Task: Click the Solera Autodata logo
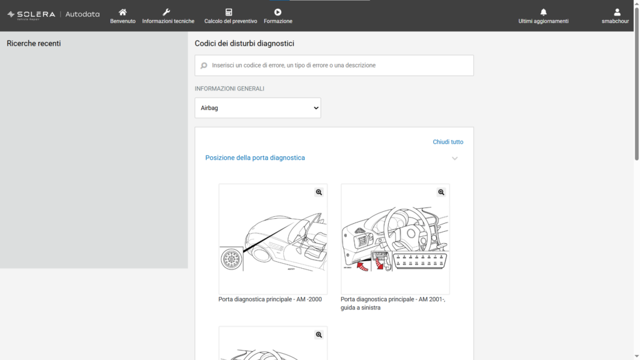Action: [54, 15]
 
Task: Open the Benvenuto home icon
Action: [122, 12]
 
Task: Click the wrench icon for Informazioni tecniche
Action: [166, 12]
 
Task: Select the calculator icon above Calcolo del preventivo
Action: [229, 12]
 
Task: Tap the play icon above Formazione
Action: [278, 12]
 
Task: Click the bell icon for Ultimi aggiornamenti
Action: [543, 12]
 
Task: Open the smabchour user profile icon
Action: [617, 12]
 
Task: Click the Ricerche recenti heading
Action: [34, 44]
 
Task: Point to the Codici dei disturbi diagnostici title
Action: [244, 44]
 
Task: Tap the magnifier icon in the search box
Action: [204, 65]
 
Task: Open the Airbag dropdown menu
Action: [258, 107]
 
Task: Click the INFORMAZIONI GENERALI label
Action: [229, 89]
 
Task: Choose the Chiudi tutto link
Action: [448, 142]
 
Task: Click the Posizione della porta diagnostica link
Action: [255, 157]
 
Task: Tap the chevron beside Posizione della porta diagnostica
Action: [455, 158]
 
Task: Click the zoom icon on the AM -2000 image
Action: [319, 192]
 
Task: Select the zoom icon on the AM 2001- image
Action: [441, 192]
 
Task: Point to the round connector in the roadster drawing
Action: [231, 259]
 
